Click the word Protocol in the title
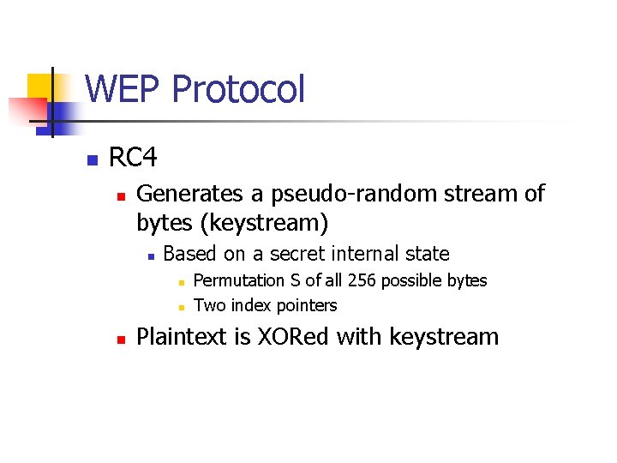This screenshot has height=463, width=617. tap(238, 89)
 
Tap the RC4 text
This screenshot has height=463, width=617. tap(133, 158)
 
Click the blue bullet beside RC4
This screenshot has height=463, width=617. tap(92, 159)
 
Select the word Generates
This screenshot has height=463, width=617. tap(200, 195)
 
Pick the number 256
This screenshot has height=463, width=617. tap(396, 280)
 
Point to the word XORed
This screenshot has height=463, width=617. tap(291, 337)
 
